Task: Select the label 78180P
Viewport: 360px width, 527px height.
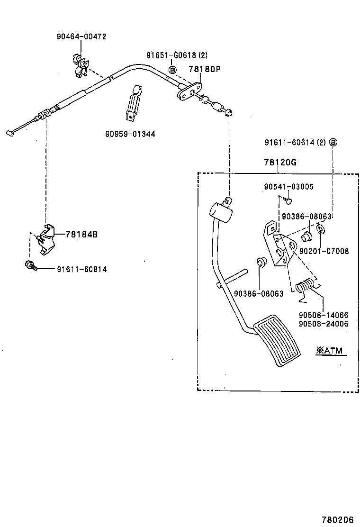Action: tap(205, 69)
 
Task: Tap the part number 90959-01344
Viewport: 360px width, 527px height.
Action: tap(130, 134)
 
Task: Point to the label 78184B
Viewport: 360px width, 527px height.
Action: tap(81, 234)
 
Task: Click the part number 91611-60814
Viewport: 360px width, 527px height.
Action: tap(81, 269)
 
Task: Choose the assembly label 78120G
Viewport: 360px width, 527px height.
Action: tap(280, 162)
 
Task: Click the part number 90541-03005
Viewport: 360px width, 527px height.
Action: tap(288, 187)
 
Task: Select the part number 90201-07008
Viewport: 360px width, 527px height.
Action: tap(324, 251)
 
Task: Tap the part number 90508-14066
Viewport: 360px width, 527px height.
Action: tap(323, 315)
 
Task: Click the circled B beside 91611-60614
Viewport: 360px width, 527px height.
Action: tap(333, 142)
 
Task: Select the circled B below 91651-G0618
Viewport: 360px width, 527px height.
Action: tap(173, 69)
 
